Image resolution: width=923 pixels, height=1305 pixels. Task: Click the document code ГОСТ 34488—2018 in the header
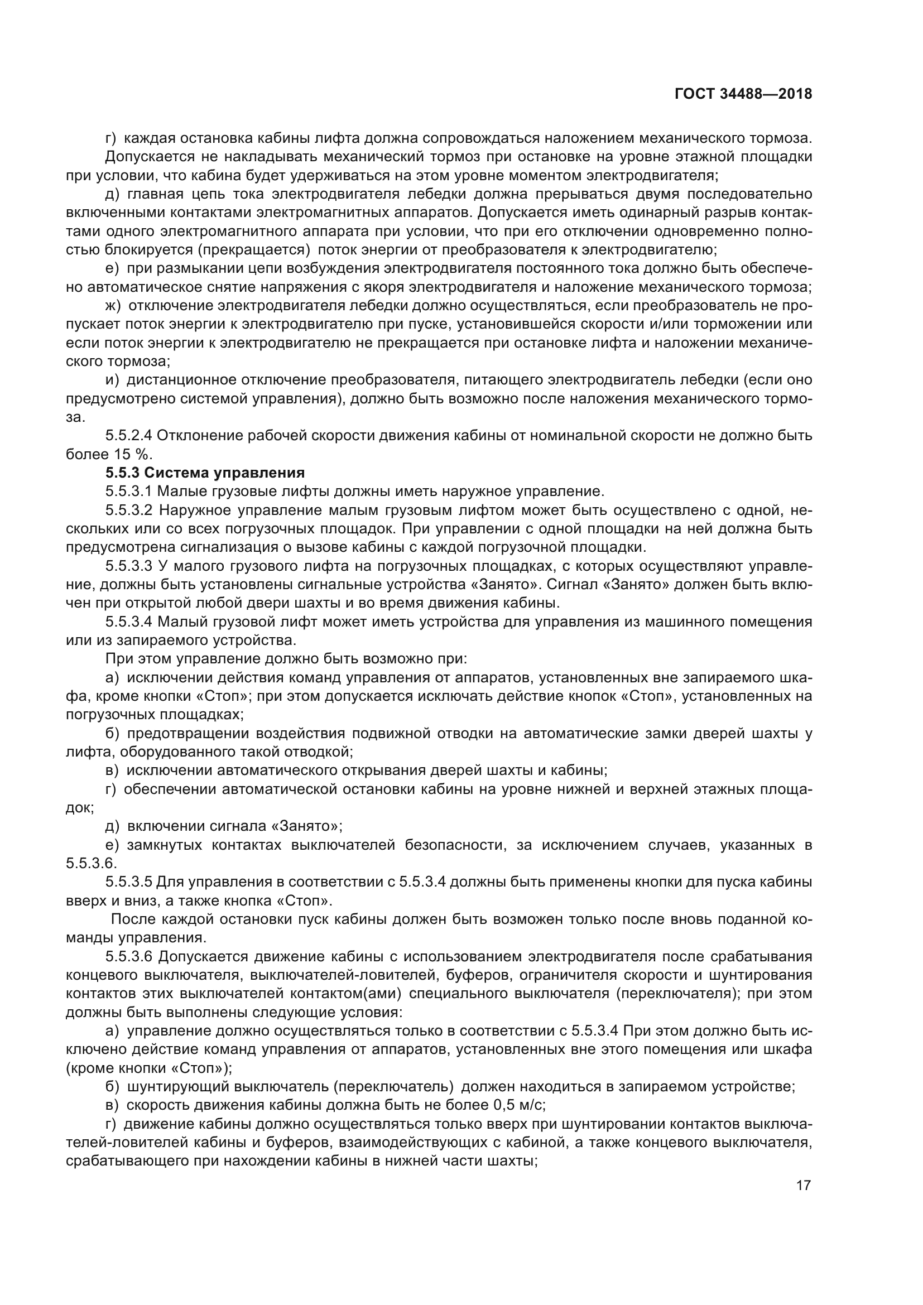(743, 94)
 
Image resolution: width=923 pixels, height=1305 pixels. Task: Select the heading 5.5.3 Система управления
(205, 473)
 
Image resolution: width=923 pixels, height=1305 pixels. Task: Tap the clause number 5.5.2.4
(128, 435)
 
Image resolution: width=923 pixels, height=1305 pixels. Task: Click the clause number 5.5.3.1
(128, 491)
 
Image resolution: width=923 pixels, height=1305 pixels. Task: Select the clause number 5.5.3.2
(128, 510)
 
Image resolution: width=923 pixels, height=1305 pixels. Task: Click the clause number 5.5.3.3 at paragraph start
(128, 566)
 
